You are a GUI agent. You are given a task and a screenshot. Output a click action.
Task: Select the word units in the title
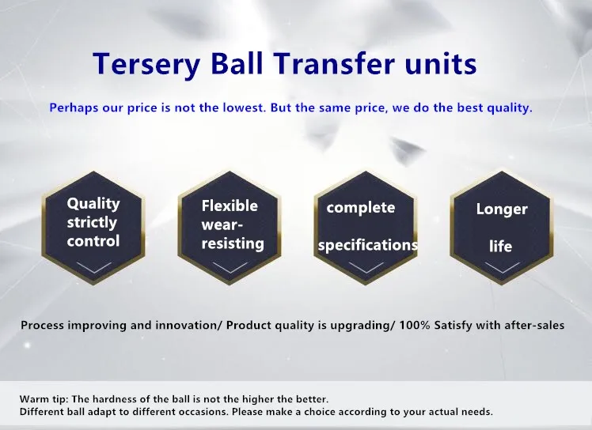[441, 64]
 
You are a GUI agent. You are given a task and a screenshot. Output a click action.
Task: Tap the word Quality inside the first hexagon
[93, 204]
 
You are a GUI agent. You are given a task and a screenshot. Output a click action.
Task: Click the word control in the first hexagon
[93, 241]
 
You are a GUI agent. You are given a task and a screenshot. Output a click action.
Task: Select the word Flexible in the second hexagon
[230, 206]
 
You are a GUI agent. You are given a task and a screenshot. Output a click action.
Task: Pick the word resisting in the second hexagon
[233, 243]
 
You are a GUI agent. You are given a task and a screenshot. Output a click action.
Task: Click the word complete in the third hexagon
[361, 208]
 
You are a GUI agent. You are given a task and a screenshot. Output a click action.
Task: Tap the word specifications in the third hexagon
[368, 246]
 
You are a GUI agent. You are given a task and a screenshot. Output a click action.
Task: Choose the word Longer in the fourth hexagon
[502, 209]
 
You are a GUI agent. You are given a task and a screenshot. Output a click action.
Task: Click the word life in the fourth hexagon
[501, 247]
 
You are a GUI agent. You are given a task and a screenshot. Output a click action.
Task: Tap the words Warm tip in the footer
[44, 399]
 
